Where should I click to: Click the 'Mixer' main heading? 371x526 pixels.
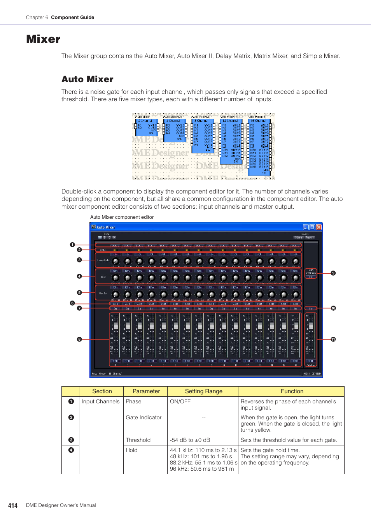click(43, 39)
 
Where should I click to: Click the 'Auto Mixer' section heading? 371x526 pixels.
click(87, 79)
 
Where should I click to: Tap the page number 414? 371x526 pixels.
click(13, 505)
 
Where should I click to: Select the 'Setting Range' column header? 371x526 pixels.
click(203, 391)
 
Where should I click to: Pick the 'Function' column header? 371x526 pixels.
click(292, 391)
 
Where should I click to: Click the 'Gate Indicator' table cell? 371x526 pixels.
click(143, 417)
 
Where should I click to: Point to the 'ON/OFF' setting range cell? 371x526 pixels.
click(180, 401)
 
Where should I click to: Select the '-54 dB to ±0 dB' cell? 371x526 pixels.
click(190, 440)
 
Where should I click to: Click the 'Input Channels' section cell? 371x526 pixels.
click(100, 401)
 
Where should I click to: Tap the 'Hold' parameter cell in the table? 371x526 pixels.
click(131, 450)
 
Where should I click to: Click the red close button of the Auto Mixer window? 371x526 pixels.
click(318, 227)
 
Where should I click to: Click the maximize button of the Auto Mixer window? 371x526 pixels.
click(312, 227)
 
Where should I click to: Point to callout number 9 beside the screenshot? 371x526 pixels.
click(333, 273)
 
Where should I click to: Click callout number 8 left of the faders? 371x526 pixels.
click(79, 339)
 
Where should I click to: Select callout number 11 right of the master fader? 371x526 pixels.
click(333, 339)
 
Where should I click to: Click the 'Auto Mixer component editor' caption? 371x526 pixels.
click(122, 217)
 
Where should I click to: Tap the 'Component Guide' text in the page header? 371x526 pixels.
click(72, 18)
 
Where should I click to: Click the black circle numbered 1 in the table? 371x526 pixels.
click(71, 401)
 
